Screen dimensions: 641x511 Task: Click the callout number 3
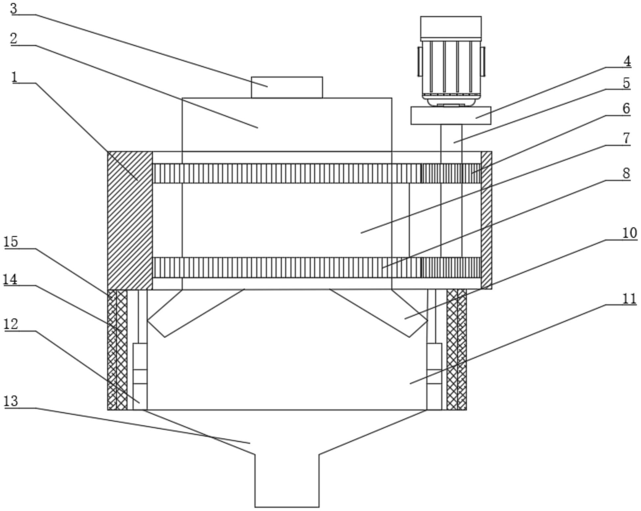coord(13,8)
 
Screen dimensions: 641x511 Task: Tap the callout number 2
coord(13,38)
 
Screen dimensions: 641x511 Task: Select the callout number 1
coord(14,77)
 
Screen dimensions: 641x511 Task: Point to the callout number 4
coord(627,61)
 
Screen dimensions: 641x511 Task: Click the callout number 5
coord(627,83)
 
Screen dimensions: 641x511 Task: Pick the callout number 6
coord(627,108)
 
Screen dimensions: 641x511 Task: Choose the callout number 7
coord(627,138)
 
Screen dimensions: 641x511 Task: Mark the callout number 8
coord(627,173)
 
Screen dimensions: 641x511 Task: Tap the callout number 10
coord(630,233)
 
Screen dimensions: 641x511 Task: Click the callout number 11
coord(629,299)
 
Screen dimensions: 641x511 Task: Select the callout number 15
coord(11,242)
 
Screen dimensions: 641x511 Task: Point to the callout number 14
coord(10,280)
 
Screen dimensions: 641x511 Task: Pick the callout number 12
coord(11,324)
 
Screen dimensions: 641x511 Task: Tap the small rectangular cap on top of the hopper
coord(287,87)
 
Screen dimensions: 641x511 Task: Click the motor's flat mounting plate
coord(451,115)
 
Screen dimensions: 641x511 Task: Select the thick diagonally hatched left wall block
coord(130,221)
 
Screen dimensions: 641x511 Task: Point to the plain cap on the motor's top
coord(451,27)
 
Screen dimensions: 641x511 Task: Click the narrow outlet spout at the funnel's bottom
coord(287,481)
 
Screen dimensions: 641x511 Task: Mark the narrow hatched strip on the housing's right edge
coord(486,220)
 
